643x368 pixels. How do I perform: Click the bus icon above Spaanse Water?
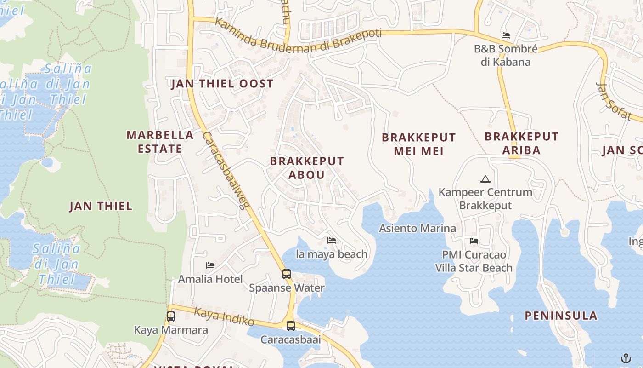[287, 274]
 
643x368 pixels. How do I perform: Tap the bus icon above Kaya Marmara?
[171, 316]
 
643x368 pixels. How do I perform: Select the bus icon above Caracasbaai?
[291, 326]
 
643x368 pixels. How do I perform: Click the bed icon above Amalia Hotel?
[210, 265]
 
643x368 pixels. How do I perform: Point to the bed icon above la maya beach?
[332, 240]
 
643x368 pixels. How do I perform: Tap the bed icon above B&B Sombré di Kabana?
[506, 35]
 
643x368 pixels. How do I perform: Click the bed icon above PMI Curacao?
[474, 241]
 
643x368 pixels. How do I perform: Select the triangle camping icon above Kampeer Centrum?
[485, 179]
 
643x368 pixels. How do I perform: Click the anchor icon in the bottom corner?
[626, 358]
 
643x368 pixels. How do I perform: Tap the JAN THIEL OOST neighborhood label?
[222, 84]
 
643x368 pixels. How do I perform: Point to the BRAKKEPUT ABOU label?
[307, 168]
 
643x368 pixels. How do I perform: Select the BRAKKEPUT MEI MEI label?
[418, 144]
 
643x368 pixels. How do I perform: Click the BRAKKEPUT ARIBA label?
[521, 143]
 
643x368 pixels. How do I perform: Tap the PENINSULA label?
[561, 316]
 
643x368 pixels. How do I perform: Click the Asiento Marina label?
[417, 228]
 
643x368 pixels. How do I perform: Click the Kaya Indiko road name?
[224, 316]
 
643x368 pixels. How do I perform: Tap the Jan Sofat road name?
[614, 101]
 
